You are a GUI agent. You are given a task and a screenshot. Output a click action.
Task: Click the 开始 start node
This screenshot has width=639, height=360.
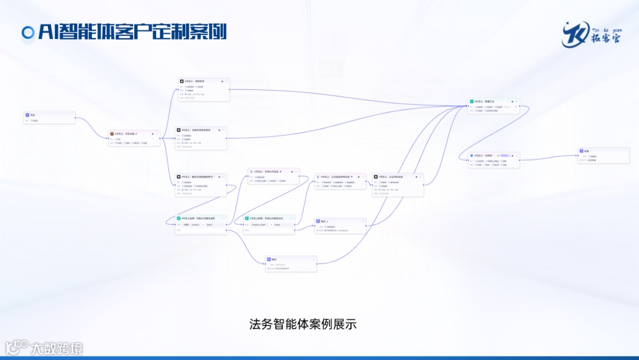coord(50,117)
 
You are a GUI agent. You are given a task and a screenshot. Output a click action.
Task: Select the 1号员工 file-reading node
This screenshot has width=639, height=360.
coord(134,139)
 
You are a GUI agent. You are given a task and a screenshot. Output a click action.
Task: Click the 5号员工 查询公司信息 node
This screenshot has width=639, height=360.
coord(273,176)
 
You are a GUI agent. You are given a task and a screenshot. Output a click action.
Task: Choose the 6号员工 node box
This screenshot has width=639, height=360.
coord(340,181)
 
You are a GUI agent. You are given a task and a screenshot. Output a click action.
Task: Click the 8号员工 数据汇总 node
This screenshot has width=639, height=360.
coord(493,106)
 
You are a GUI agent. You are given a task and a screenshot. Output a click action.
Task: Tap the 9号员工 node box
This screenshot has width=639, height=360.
coord(493,160)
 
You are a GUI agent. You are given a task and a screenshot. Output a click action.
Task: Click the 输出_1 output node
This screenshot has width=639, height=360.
coord(340,225)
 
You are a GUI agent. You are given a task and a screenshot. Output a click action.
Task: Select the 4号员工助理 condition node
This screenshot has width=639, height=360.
coord(201,224)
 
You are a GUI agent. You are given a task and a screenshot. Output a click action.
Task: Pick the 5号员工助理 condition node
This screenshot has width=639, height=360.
coord(269,224)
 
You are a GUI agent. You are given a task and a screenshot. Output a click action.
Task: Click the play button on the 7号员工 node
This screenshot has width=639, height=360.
coord(416,176)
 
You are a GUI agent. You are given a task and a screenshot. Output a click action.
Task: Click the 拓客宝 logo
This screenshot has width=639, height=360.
coord(591,34)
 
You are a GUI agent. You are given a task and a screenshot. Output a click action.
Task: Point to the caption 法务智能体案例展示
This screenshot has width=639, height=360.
coord(303,324)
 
